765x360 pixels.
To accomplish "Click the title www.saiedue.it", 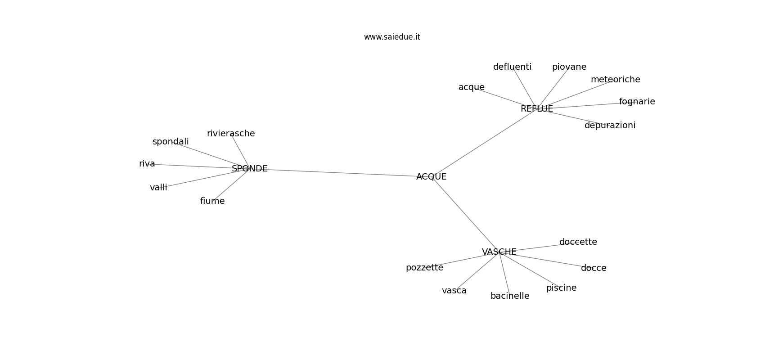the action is click(x=392, y=37).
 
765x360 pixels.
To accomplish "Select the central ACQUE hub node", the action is click(x=432, y=176).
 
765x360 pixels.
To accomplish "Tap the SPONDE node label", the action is click(x=250, y=168).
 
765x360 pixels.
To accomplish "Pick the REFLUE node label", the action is click(x=537, y=108).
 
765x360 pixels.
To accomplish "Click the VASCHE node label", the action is click(x=499, y=252).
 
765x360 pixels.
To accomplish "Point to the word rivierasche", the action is click(x=231, y=133).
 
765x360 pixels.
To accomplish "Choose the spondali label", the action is click(x=171, y=142).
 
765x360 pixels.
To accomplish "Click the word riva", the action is click(x=147, y=164).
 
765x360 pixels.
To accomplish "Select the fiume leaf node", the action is click(x=212, y=201).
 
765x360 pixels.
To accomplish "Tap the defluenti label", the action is click(x=512, y=67).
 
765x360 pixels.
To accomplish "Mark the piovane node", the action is click(x=569, y=67).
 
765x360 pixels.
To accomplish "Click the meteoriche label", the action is click(x=616, y=79).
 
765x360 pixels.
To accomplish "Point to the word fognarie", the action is click(x=637, y=101).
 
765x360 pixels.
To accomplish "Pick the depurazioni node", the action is click(x=610, y=126).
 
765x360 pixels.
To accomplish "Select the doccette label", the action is click(x=578, y=242).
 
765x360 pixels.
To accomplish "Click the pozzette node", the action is click(x=424, y=268).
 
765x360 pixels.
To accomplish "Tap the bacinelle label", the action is click(x=510, y=296).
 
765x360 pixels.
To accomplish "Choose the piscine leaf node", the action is click(x=562, y=288).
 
